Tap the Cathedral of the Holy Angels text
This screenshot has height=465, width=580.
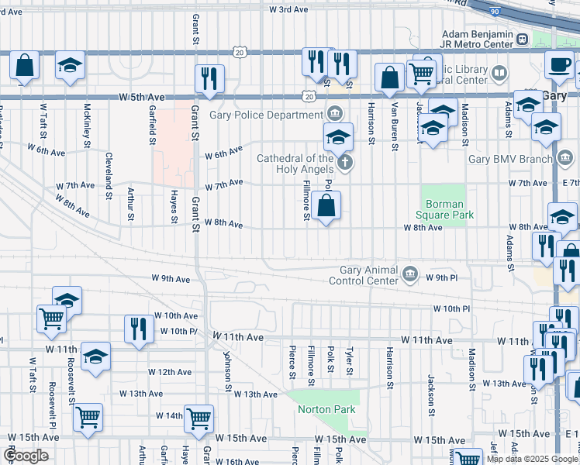click(295, 164)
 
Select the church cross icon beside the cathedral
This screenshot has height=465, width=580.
click(345, 163)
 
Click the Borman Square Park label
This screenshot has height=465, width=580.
click(445, 209)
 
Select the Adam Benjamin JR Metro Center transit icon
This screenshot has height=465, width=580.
click(523, 39)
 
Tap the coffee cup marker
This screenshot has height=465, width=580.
click(558, 64)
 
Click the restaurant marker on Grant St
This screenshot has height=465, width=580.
click(209, 77)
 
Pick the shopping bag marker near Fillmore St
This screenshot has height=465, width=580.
click(327, 205)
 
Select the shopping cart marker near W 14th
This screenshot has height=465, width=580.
click(199, 418)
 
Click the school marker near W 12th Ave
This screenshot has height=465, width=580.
click(95, 356)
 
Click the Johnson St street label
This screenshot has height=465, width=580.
click(228, 370)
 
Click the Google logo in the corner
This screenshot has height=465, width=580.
click(26, 456)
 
